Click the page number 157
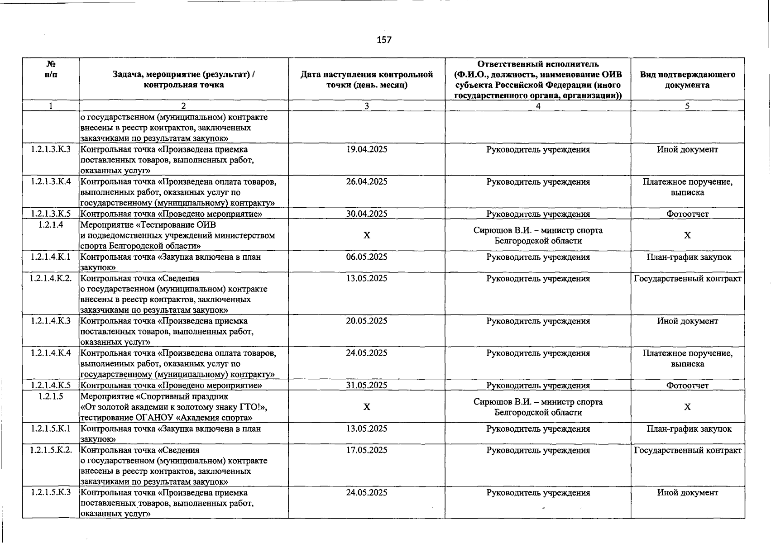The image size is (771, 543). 384,40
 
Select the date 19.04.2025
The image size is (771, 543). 367,149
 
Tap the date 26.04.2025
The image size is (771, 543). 367,181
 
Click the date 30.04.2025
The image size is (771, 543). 367,214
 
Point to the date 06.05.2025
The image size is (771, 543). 367,257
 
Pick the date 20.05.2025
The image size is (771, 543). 367,321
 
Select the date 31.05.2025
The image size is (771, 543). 367,385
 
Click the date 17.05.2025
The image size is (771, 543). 367,450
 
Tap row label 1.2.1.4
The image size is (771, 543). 51,224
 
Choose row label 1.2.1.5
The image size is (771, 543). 51,396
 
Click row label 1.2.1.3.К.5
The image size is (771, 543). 51,214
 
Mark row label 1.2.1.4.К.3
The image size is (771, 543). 51,321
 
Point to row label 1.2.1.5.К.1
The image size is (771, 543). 51,429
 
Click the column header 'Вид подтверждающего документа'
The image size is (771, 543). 687,80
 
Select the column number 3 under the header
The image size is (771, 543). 367,106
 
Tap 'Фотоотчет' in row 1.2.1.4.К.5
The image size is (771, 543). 687,385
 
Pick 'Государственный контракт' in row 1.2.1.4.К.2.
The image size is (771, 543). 687,278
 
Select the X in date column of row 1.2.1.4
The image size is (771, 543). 367,235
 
